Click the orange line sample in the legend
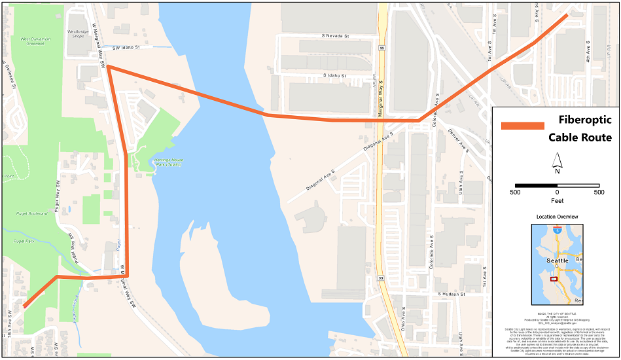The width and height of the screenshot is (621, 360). click(x=522, y=126)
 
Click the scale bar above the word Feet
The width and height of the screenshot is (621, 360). click(x=557, y=186)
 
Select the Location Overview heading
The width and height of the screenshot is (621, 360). click(x=557, y=217)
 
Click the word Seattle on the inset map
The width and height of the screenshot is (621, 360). click(x=557, y=260)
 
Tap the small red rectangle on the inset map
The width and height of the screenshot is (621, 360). click(x=554, y=278)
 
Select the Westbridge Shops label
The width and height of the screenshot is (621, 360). click(x=78, y=33)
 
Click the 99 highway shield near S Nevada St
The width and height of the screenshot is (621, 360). click(x=381, y=48)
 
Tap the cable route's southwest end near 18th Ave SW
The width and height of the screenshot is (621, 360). click(x=26, y=305)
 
